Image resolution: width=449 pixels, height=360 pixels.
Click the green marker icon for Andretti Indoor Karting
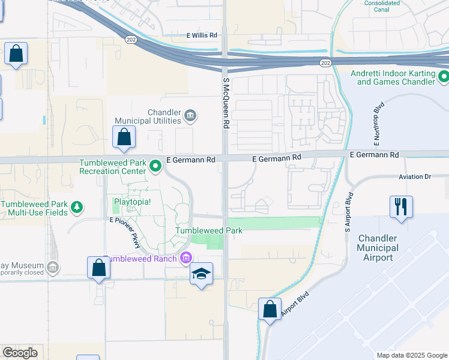point(444,77)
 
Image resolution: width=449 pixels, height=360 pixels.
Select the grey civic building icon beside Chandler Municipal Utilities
point(190,116)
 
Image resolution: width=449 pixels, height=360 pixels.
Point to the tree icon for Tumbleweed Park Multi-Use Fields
point(76,208)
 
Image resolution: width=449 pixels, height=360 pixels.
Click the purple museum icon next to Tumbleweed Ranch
point(186,259)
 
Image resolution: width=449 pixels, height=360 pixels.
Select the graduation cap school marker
point(201,274)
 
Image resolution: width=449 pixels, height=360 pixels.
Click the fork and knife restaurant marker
point(400,206)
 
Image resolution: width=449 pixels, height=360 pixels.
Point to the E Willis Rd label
point(200,35)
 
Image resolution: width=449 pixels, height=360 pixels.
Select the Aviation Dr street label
point(415,177)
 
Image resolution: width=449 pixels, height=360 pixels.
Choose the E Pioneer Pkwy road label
point(128,233)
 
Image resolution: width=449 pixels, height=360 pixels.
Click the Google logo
point(20,353)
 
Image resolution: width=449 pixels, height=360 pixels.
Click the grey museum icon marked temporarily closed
point(52,266)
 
